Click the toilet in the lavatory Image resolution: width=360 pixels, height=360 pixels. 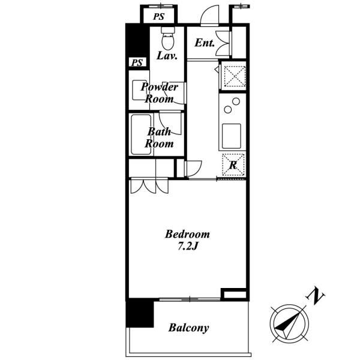(x=168, y=38)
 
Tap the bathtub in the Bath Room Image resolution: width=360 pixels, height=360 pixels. (x=141, y=134)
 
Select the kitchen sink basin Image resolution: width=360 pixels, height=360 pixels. (x=232, y=136)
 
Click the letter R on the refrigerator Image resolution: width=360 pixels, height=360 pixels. (x=233, y=165)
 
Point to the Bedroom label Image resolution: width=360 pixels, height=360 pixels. (x=187, y=234)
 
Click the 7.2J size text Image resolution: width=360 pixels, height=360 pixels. (x=188, y=247)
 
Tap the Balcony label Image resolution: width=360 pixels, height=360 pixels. (x=188, y=328)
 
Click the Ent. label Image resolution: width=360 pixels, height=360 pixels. (x=205, y=43)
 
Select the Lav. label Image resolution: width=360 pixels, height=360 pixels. (x=167, y=56)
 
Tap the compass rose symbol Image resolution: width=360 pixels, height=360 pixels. (x=289, y=324)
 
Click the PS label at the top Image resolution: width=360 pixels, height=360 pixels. (x=159, y=17)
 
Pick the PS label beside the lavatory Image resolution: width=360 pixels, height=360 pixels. (x=137, y=62)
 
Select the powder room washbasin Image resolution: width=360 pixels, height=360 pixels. (x=139, y=90)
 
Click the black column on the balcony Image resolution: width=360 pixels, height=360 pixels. (x=140, y=313)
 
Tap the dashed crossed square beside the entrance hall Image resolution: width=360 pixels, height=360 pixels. (x=235, y=76)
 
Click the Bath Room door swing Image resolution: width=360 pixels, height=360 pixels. (x=170, y=122)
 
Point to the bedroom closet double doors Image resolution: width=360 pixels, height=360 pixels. (x=149, y=185)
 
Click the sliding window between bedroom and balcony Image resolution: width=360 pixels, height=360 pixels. (x=190, y=299)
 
